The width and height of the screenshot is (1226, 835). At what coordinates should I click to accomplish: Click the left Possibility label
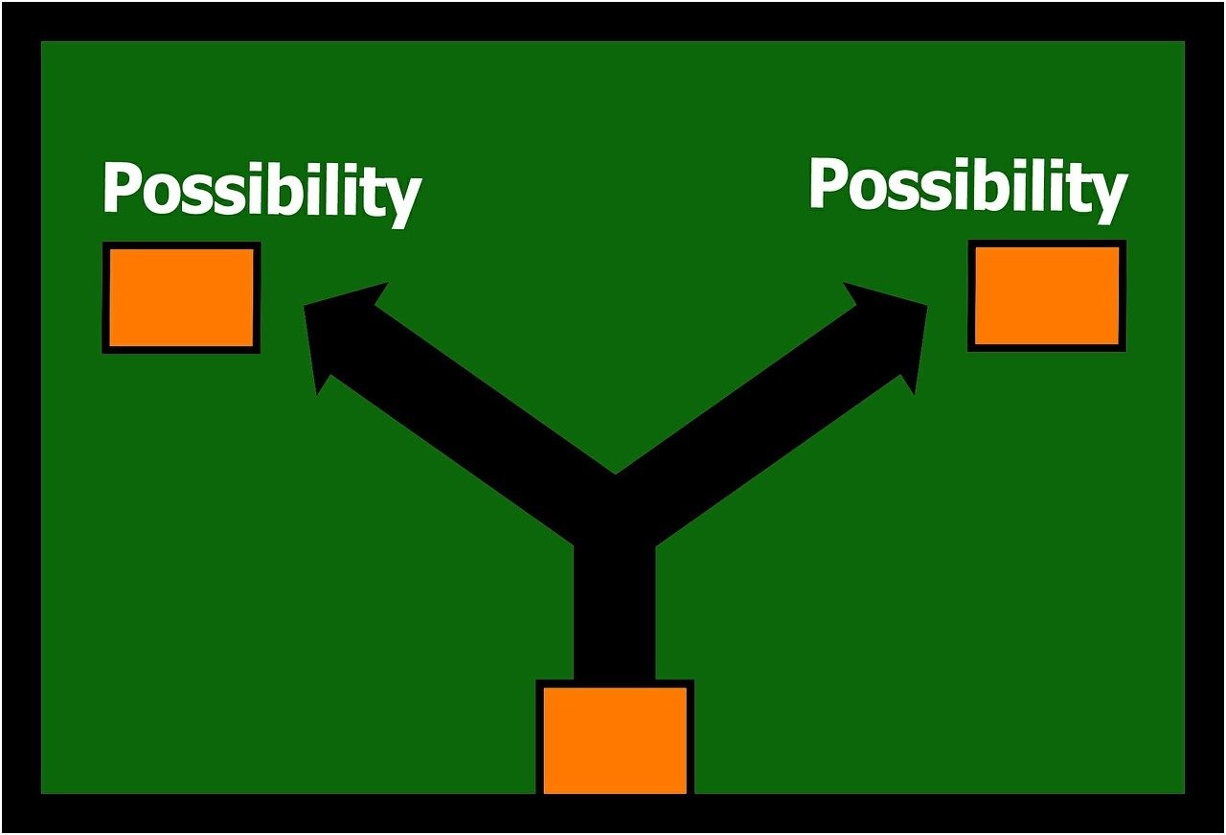click(262, 193)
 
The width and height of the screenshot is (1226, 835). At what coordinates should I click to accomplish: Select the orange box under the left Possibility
click(181, 297)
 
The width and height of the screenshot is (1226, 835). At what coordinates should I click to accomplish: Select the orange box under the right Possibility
click(1047, 295)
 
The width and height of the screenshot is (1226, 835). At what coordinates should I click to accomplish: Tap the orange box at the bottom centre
click(615, 736)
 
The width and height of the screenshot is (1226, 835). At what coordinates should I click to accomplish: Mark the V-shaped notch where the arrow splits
click(615, 474)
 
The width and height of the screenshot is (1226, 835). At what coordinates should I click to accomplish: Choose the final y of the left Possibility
click(401, 201)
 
